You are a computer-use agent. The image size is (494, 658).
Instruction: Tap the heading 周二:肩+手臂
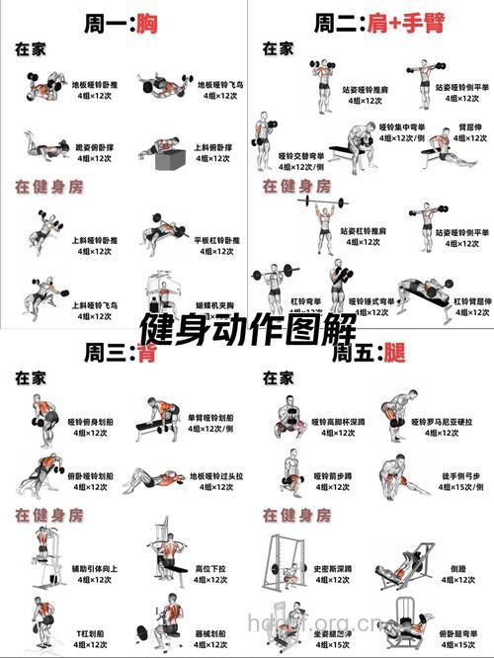click(x=368, y=22)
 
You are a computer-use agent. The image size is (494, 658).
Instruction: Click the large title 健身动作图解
click(x=247, y=326)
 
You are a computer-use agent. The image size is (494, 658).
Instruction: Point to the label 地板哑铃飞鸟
click(x=219, y=85)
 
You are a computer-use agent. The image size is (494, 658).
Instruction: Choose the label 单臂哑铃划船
click(x=210, y=419)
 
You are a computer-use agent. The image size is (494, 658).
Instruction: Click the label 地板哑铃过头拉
click(x=216, y=476)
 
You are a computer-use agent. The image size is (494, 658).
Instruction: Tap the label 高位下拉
click(x=210, y=569)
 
